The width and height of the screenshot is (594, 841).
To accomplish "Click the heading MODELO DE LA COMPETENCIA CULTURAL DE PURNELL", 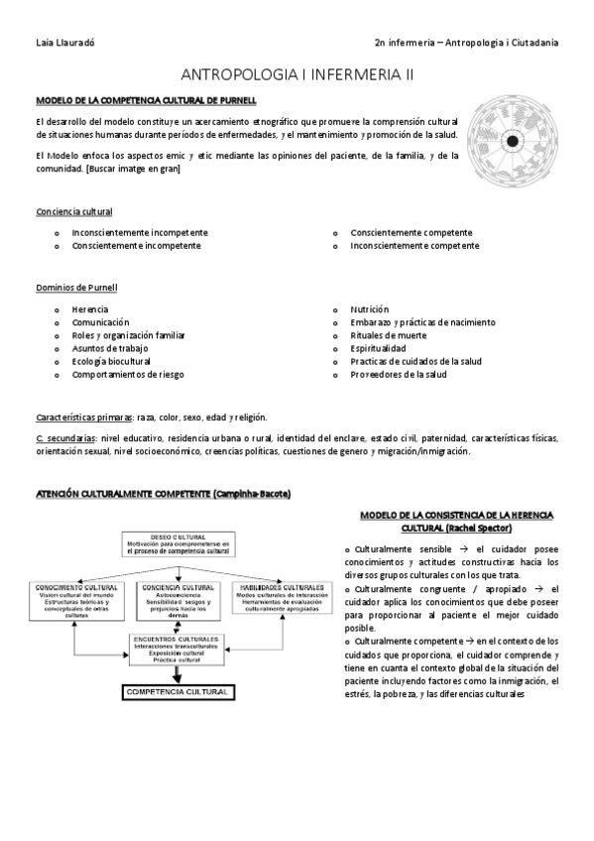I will point(147,100).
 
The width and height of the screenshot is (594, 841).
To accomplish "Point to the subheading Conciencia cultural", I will point(73,211).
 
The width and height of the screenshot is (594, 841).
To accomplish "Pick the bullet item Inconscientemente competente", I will point(415,245).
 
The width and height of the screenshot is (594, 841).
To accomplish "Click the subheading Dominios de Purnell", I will point(76,288).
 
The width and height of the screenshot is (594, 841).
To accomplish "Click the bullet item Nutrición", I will point(369,309).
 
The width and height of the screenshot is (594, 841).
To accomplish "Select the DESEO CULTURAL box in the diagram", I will point(178,543).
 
